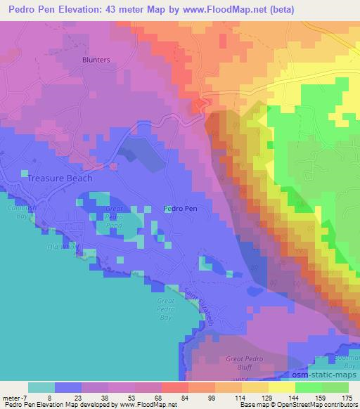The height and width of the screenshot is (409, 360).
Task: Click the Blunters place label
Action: [x=96, y=60]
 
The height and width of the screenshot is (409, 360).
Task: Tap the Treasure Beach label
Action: [x=60, y=178]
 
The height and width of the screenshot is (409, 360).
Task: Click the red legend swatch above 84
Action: [x=174, y=387]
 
